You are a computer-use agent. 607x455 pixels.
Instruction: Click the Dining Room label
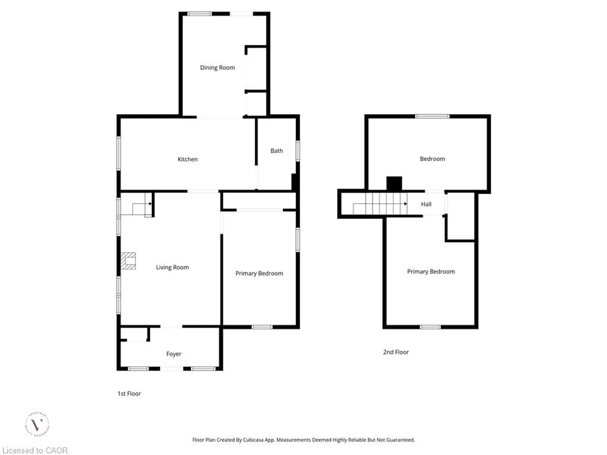click(217, 68)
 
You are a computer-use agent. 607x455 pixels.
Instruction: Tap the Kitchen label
click(187, 159)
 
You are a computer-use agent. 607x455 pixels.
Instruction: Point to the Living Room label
click(172, 267)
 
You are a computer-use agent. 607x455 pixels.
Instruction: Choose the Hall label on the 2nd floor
click(426, 204)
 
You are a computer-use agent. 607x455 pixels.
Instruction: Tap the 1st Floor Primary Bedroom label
click(259, 273)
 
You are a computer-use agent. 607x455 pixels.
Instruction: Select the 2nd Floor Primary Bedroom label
click(431, 272)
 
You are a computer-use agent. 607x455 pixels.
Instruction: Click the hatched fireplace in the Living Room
click(128, 261)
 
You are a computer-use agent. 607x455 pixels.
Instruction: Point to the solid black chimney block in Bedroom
click(394, 183)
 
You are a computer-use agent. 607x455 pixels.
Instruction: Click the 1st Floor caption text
click(129, 394)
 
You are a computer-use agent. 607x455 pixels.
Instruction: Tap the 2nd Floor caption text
click(396, 352)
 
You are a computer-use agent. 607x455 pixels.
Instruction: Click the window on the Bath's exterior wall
click(298, 151)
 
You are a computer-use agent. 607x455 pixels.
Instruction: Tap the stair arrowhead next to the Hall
click(406, 204)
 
